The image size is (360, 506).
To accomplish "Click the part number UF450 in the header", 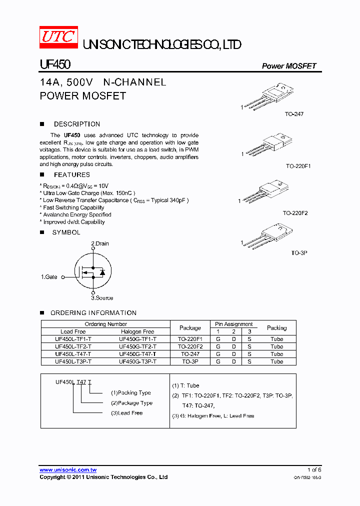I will click(x=55, y=65).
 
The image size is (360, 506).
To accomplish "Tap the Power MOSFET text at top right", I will click(x=289, y=66).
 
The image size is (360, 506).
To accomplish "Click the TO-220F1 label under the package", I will click(x=298, y=165).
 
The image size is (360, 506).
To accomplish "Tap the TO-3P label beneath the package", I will click(x=299, y=253).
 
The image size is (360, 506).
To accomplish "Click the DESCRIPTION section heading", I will click(x=76, y=124).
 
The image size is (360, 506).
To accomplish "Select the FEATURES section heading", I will click(x=71, y=174).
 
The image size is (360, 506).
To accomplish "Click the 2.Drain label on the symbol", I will click(x=99, y=243).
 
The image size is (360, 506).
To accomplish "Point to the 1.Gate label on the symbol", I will click(x=49, y=276).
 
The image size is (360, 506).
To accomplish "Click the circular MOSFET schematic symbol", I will click(x=92, y=271).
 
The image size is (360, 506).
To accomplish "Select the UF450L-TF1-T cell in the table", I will click(x=73, y=339).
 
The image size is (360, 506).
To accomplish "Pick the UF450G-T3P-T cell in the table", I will click(x=137, y=361).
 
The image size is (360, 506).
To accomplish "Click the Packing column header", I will click(x=276, y=328).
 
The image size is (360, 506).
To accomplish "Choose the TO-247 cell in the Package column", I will click(x=190, y=354).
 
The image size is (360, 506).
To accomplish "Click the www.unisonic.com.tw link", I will click(x=68, y=470).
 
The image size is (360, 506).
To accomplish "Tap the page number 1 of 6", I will click(x=313, y=470).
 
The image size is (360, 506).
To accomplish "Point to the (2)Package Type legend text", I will click(x=131, y=403).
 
